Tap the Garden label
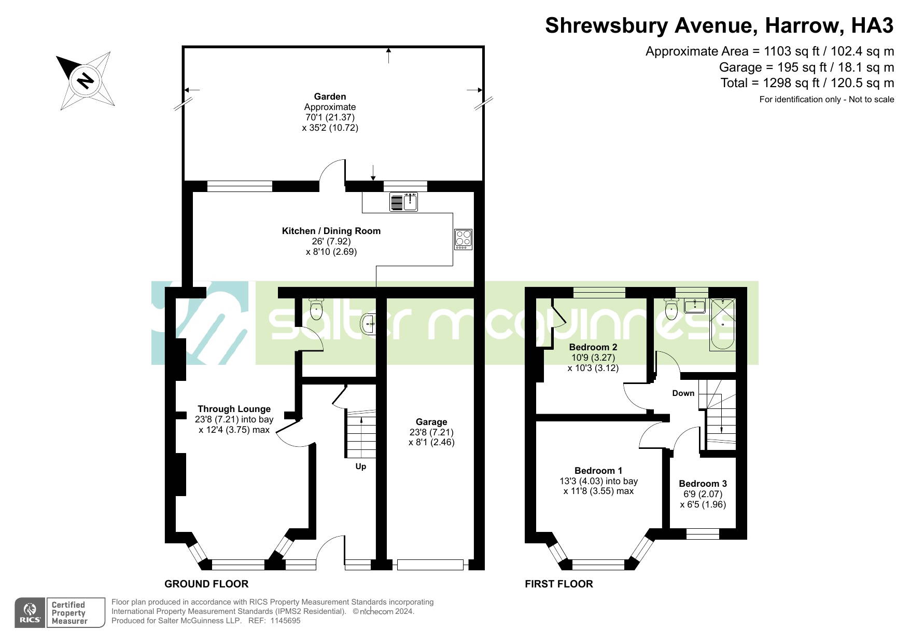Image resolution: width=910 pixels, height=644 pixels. pos(330,97)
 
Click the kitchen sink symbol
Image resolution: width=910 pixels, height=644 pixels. pos(404,202)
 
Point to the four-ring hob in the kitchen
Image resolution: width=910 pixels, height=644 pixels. pos(463,239)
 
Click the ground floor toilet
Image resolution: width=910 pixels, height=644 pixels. pos(316,309)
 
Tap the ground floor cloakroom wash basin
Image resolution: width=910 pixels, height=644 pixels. pos(368,324)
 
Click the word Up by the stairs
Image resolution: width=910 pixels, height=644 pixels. pos(361,467)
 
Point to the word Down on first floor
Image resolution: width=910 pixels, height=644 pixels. pos(683,393)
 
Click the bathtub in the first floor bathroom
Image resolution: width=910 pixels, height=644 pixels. pos(722,324)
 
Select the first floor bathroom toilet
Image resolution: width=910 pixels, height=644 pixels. pos(671,309)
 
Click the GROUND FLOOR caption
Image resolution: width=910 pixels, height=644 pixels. pos(206,584)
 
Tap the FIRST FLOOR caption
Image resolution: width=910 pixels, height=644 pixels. pos(559,584)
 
